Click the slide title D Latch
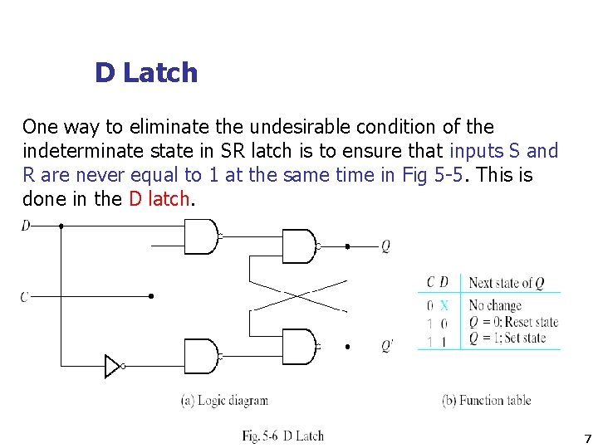pyautogui.click(x=146, y=73)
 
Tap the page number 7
pyautogui.click(x=587, y=439)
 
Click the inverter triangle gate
pyautogui.click(x=113, y=366)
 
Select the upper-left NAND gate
pyautogui.click(x=200, y=236)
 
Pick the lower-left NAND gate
pyautogui.click(x=200, y=356)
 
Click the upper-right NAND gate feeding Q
pyautogui.click(x=299, y=246)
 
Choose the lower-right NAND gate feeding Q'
pyautogui.click(x=299, y=346)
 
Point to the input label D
pyautogui.click(x=26, y=225)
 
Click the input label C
pyautogui.click(x=25, y=296)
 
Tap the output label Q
pyautogui.click(x=385, y=246)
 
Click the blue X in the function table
pyautogui.click(x=444, y=305)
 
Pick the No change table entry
pyautogui.click(x=495, y=305)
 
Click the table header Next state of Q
pyautogui.click(x=506, y=283)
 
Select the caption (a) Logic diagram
pyautogui.click(x=225, y=401)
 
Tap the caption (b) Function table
pyautogui.click(x=487, y=401)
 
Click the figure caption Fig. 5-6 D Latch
pyautogui.click(x=283, y=436)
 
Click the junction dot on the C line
pyautogui.click(x=150, y=296)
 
